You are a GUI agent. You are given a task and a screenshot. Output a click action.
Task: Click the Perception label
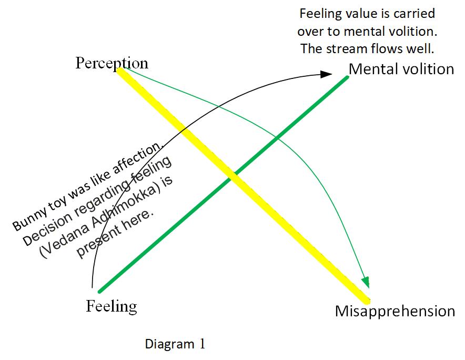pyautogui.click(x=112, y=63)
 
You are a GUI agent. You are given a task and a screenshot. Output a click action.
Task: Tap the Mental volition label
pyautogui.click(x=401, y=69)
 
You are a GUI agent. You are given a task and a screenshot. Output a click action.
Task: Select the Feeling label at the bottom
pyautogui.click(x=111, y=306)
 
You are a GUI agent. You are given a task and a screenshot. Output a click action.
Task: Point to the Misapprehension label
pyautogui.click(x=395, y=311)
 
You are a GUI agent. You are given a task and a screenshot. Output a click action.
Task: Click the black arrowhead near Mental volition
pyautogui.click(x=327, y=75)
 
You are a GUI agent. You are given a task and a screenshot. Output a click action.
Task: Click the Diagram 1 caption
pyautogui.click(x=175, y=344)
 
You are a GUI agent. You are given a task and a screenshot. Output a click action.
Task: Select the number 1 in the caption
pyautogui.click(x=201, y=344)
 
